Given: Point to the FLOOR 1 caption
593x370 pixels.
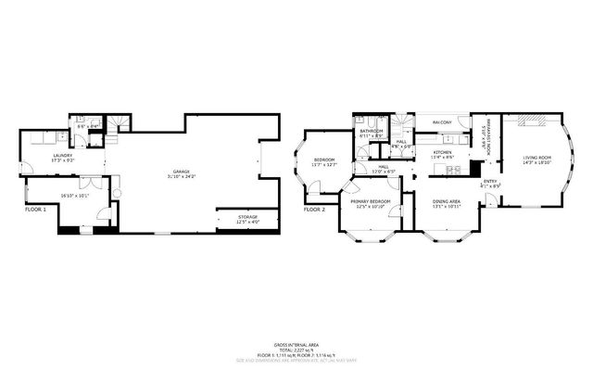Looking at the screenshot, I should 35,210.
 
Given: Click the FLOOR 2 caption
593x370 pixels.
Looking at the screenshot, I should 315,210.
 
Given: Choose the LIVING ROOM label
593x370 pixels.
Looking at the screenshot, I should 536,156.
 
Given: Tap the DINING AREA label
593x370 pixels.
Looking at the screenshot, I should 448,201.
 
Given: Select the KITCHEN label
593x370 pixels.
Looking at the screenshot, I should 443,152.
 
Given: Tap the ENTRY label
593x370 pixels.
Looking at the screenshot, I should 490,181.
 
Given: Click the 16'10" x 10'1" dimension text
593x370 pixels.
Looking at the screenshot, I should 74,196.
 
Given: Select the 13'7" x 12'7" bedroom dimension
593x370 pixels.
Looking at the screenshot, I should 324,165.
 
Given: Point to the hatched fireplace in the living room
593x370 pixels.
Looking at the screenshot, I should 532,121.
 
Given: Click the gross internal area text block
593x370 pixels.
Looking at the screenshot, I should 296,351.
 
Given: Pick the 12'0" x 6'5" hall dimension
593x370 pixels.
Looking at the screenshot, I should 384,172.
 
